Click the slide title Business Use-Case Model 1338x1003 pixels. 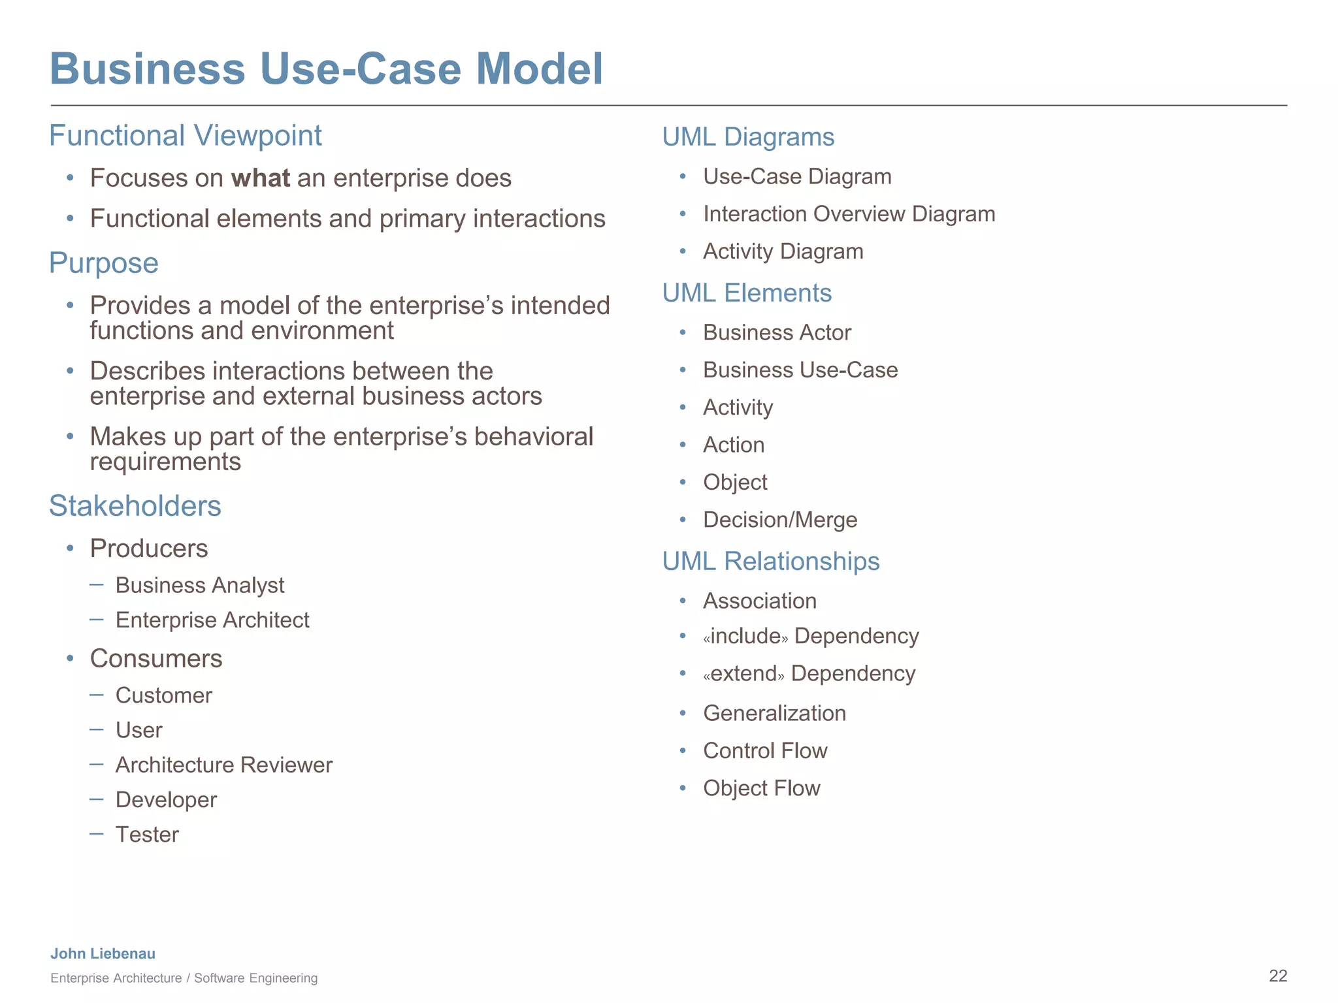click(326, 69)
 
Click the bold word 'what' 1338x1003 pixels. click(261, 178)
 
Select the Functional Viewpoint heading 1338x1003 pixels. click(186, 136)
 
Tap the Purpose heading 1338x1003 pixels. click(104, 263)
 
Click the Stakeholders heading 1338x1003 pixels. click(135, 506)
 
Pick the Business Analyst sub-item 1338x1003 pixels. click(200, 585)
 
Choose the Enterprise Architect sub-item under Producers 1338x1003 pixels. click(212, 620)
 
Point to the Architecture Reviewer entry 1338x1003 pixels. click(224, 765)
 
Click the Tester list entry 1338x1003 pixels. click(147, 835)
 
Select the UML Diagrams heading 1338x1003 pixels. click(748, 137)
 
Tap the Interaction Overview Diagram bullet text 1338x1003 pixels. click(849, 214)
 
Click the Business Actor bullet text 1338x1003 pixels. click(777, 333)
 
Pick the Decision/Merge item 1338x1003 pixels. click(780, 520)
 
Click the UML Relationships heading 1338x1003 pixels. click(771, 562)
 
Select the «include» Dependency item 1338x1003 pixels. click(811, 636)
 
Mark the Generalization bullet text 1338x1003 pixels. click(774, 713)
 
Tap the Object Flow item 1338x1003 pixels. click(762, 788)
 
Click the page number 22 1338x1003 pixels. click(1278, 976)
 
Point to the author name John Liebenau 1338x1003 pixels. click(103, 954)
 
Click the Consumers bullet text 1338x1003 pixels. click(156, 659)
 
